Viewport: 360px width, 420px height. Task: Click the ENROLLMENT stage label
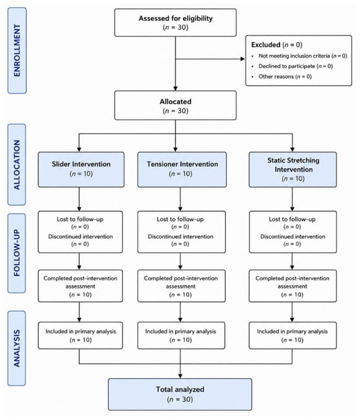tap(17, 50)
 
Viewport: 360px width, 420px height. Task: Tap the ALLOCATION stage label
tap(16, 164)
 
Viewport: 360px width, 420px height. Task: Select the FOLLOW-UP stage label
tap(16, 253)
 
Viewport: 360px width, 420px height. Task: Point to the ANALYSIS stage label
tap(16, 348)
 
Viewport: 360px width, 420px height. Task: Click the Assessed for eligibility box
tap(175, 22)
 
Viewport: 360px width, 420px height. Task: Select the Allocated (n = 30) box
tap(175, 105)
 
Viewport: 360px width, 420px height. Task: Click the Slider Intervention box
tap(81, 169)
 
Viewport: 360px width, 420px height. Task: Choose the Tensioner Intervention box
tap(182, 169)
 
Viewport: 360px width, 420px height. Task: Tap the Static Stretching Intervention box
tap(293, 169)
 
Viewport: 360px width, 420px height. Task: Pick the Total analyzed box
tap(180, 394)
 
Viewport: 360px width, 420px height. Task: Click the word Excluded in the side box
tap(266, 44)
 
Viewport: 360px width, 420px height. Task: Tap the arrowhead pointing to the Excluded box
tap(243, 59)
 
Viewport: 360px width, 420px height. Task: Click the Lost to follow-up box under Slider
tap(80, 232)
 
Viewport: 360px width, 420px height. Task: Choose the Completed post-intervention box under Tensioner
tap(181, 286)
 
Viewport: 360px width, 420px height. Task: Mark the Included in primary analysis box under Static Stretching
tap(293, 336)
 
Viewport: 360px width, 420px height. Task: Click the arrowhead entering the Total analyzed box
tap(180, 376)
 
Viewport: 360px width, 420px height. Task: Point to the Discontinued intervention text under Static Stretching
tap(293, 237)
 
